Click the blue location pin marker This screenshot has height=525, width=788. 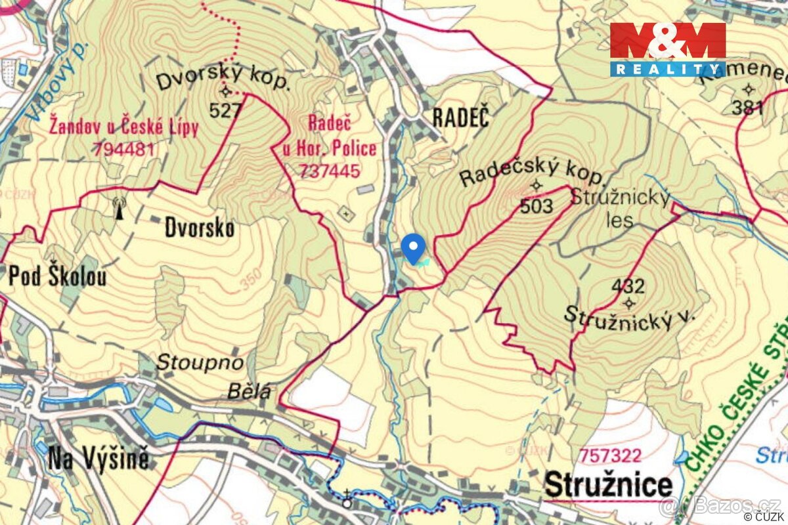click(413, 247)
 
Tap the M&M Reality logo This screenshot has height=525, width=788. click(667, 49)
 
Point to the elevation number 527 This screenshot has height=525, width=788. click(226, 110)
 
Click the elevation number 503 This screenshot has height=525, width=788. click(536, 206)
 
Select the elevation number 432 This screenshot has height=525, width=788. click(628, 286)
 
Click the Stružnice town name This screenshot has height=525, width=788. click(609, 486)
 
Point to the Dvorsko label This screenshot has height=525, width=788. click(200, 228)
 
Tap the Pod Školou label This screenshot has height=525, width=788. click(57, 276)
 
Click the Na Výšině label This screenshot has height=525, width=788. click(98, 460)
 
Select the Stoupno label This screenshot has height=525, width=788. click(200, 362)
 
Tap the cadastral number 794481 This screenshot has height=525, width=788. click(123, 149)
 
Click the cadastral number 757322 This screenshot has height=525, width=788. click(610, 455)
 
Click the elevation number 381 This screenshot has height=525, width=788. click(748, 108)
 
